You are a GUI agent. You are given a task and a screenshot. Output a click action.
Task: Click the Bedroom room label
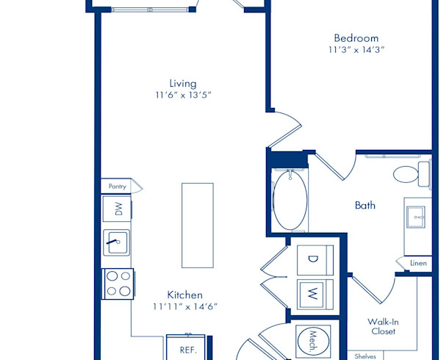click(x=356, y=38)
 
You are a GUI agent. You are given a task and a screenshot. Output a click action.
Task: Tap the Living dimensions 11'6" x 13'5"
click(x=183, y=95)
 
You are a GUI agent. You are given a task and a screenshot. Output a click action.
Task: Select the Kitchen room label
click(x=184, y=295)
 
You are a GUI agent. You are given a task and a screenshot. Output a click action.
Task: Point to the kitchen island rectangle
click(x=198, y=226)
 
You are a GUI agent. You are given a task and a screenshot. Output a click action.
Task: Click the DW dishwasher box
click(x=117, y=209)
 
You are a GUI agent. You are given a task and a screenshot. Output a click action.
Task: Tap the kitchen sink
click(x=116, y=242)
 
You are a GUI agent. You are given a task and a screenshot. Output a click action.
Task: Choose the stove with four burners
click(x=118, y=284)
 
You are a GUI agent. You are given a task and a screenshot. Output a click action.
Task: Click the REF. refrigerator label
click(x=188, y=350)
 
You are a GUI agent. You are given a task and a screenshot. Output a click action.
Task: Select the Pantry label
click(x=118, y=187)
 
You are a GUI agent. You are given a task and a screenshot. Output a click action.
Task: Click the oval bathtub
click(x=290, y=201)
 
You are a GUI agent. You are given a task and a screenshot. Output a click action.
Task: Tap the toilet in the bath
click(x=412, y=174)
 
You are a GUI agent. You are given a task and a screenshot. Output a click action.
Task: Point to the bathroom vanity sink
click(x=416, y=217)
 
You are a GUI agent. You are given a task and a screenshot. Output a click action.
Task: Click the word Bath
click(x=365, y=206)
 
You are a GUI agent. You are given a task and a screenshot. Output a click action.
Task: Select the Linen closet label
click(x=418, y=263)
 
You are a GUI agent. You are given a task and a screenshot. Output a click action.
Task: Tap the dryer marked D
click(x=315, y=260)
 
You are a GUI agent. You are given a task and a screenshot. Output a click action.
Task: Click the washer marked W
click(x=315, y=295)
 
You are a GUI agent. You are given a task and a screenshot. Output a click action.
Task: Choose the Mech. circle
click(x=313, y=341)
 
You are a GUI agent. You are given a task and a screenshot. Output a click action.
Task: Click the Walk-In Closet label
click(x=383, y=326)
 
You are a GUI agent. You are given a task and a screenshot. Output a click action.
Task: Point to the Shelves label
click(x=365, y=356)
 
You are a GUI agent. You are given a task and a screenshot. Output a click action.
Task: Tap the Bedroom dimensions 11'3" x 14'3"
click(x=356, y=50)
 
